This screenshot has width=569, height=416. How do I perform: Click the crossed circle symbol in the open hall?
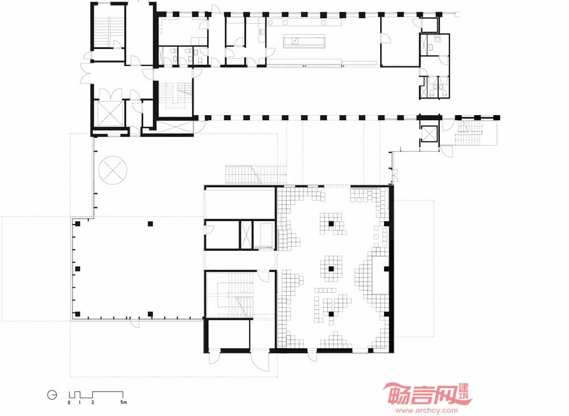pos(113,170)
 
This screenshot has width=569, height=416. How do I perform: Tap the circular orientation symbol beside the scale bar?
pos(52,395)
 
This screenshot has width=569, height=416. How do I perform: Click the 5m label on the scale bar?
pos(123,402)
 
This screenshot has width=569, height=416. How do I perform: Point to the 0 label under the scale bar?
pos(69,402)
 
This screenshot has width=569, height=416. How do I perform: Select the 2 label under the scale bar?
pos(93,402)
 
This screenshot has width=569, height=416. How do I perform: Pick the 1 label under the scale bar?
pos(80,402)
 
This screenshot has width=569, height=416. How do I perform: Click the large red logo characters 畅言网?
pos(420,394)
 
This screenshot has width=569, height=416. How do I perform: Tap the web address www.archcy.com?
pos(427,411)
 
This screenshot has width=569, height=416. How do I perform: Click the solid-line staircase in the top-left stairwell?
pos(108,31)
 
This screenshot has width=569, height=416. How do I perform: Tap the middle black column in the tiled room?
pos(331,269)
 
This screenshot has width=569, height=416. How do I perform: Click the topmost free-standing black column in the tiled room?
pos(331,224)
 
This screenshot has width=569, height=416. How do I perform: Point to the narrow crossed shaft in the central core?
pos(246,235)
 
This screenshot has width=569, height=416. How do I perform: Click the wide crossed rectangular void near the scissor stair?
pos(175,127)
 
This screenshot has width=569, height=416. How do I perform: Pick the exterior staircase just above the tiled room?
pos(256,174)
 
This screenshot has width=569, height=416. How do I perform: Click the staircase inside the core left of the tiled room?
pos(235,294)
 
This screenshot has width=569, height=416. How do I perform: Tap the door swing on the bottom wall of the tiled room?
pos(312,357)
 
